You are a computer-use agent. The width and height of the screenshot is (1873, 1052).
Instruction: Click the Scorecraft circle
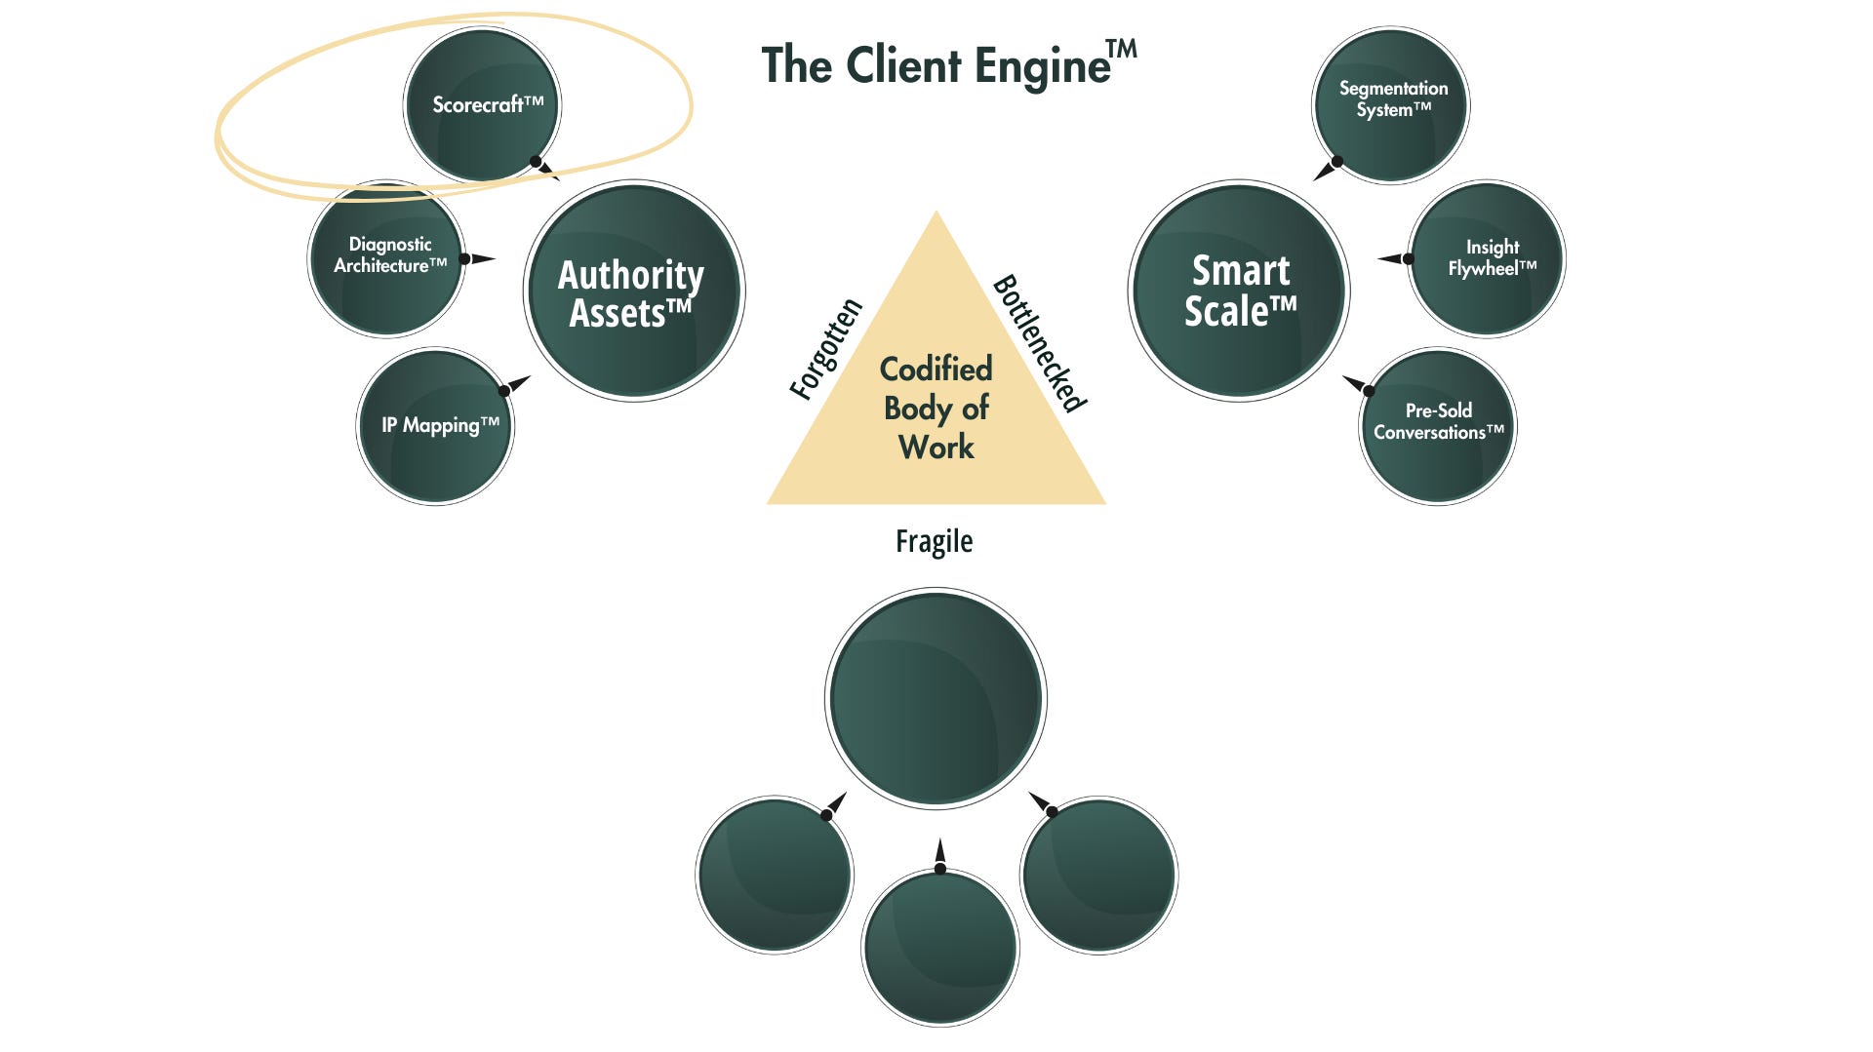482,104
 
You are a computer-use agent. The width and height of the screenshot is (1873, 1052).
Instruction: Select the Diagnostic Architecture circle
387,258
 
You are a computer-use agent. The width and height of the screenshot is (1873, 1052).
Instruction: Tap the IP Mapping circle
435,426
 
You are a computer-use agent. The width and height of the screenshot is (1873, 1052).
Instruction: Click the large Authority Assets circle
634,291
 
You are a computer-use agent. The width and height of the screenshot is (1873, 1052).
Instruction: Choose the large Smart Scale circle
1239,291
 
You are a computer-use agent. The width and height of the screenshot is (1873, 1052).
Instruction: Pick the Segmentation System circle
1390,104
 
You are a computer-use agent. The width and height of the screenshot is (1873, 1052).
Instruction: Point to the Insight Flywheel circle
1488,258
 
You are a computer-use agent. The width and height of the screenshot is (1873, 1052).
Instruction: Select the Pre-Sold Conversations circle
1438,426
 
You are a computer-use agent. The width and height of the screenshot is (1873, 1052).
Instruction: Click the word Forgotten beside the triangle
826,349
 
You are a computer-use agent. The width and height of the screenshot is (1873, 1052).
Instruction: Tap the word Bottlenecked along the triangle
1040,343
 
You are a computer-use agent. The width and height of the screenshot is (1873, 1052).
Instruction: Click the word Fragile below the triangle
934,541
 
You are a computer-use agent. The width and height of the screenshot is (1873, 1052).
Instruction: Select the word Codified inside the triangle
936,370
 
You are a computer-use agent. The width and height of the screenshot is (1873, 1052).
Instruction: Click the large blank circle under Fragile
936,698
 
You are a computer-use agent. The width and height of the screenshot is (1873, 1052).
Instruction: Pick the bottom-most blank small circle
940,948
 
